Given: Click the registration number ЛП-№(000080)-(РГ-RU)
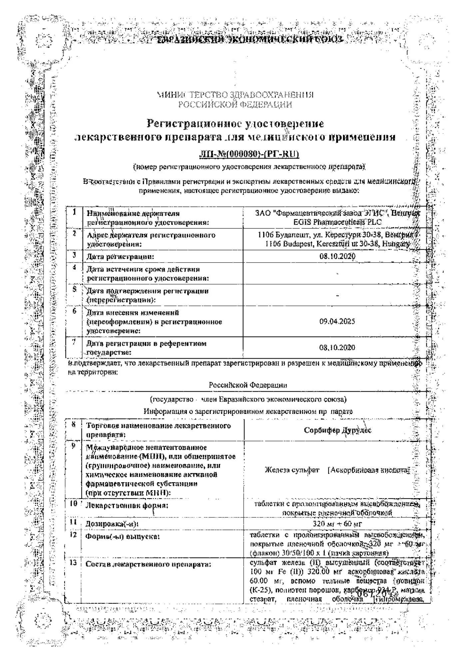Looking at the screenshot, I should tap(249, 154).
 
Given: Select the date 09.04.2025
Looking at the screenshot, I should tap(337, 321).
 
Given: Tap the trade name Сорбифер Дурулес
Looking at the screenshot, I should tap(337, 430).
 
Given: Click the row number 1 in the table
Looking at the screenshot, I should tap(74, 212).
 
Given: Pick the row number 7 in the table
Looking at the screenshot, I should tap(74, 342).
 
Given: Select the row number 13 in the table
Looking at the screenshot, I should tap(74, 562).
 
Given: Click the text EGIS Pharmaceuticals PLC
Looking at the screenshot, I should tap(338, 222).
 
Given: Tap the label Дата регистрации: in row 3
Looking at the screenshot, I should tap(120, 256).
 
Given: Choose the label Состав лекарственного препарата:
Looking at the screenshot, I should tap(148, 564).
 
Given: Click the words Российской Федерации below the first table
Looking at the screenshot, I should tap(248, 385).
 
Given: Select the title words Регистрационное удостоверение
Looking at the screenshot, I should tap(235, 124).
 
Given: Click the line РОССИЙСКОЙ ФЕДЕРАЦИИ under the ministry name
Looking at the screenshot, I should tap(235, 105).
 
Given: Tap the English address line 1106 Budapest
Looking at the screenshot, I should tap(337, 244).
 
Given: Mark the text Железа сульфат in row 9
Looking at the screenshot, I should tap(292, 470).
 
